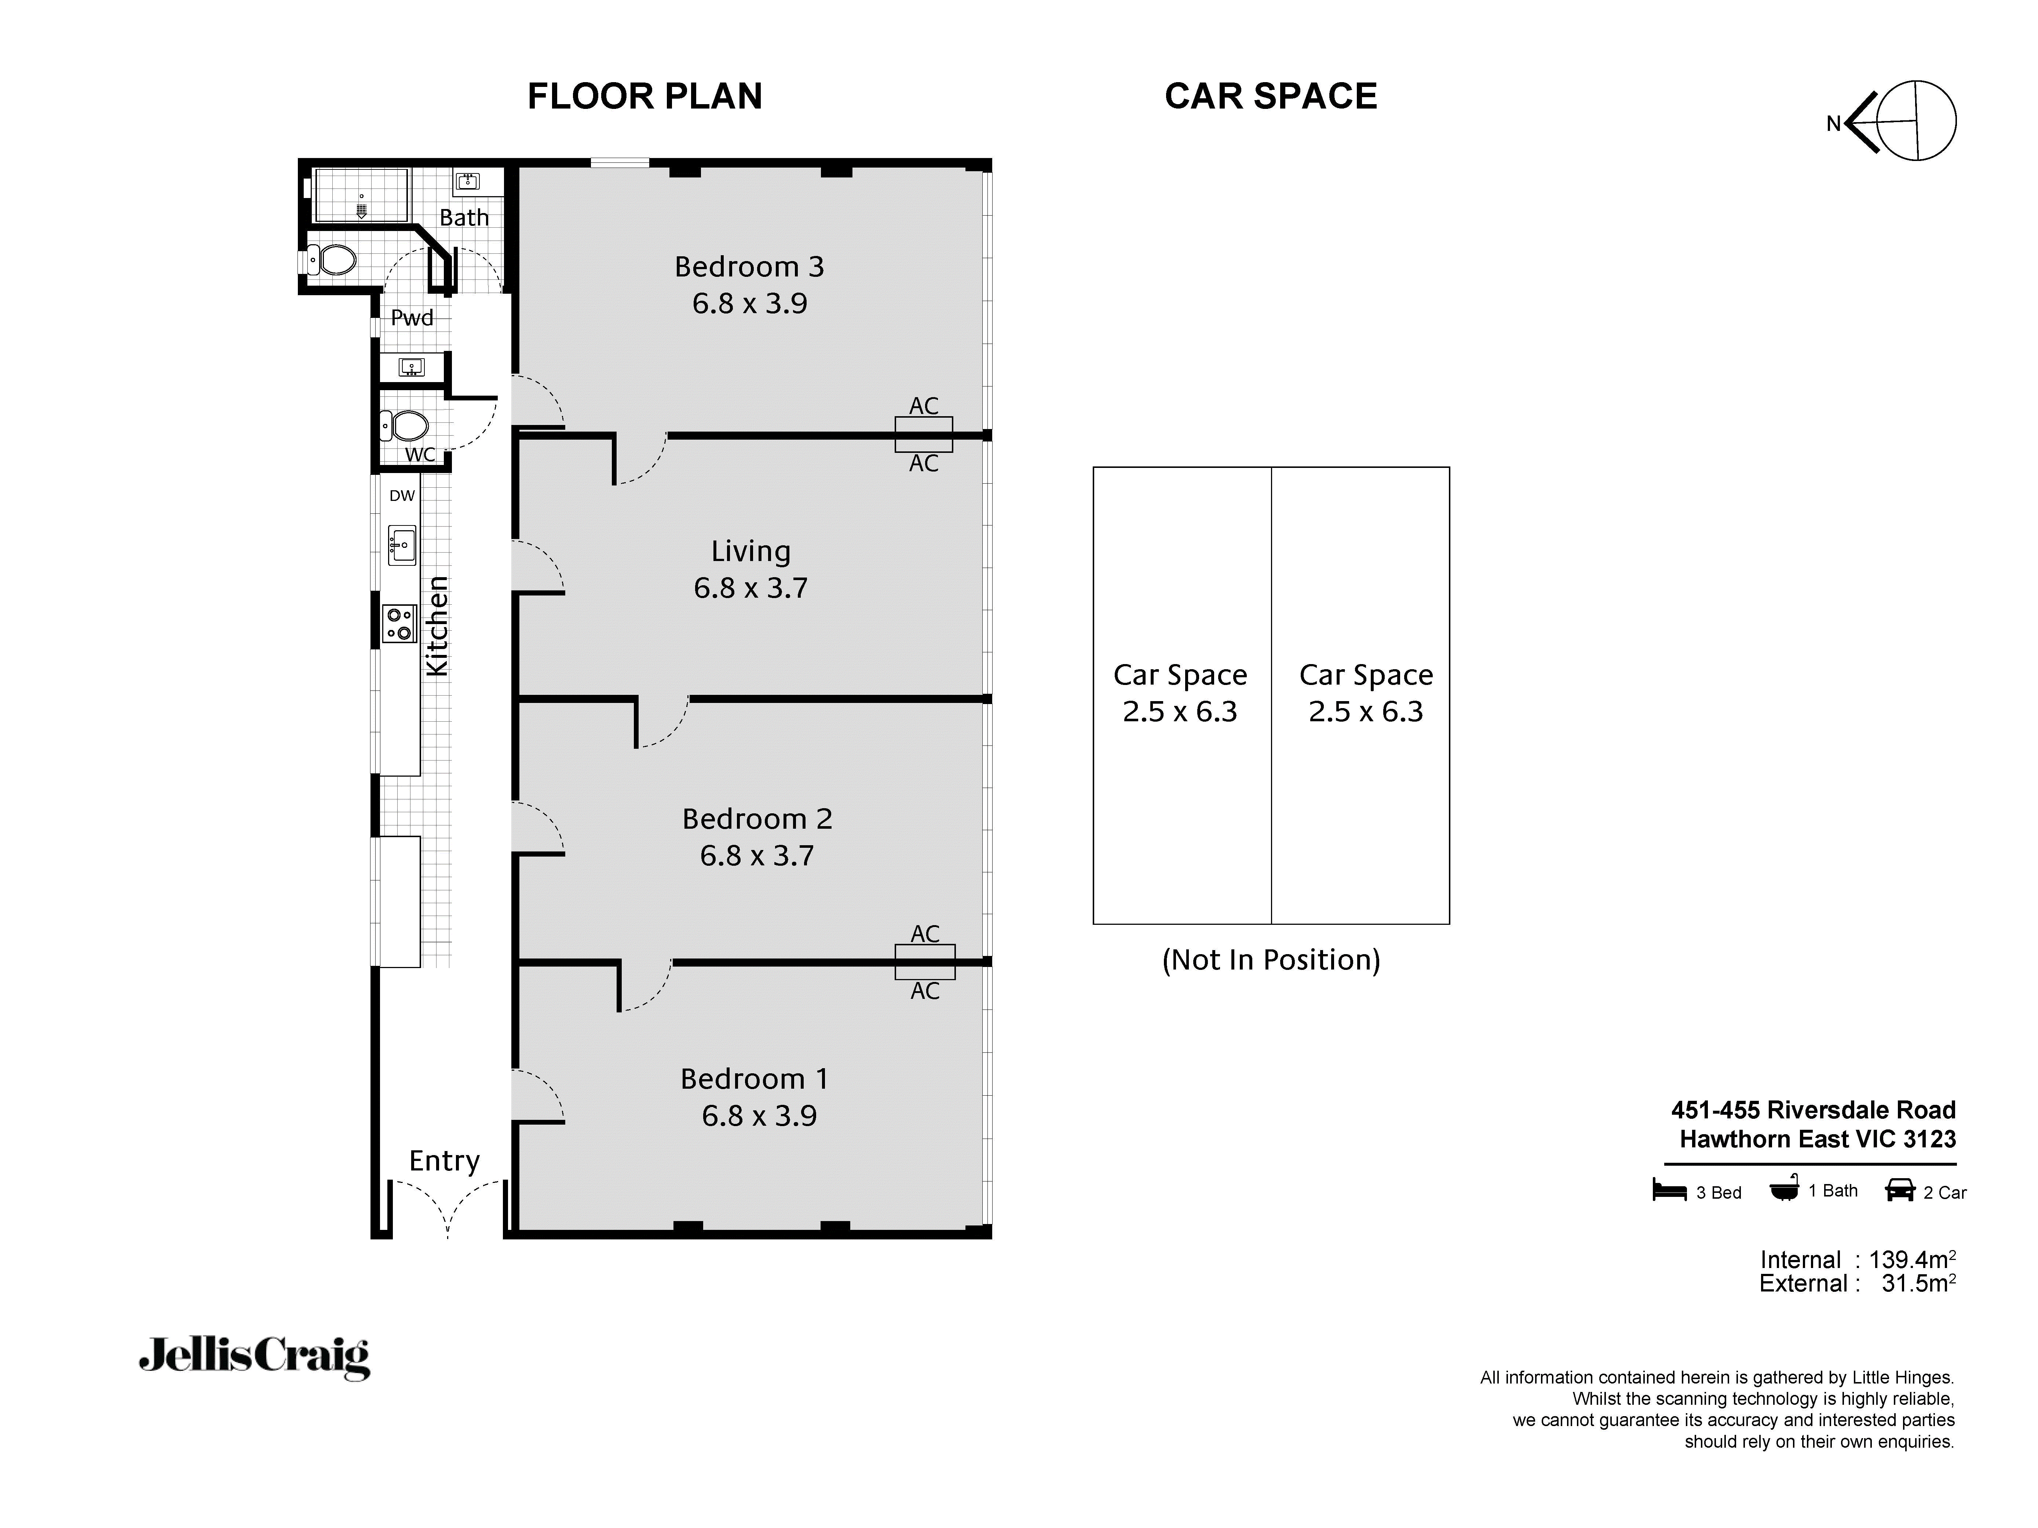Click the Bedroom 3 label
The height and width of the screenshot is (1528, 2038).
tap(749, 267)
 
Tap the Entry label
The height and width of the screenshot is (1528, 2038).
tap(444, 1161)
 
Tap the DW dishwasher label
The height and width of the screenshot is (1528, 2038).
tap(402, 495)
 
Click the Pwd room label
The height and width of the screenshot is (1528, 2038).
tap(412, 318)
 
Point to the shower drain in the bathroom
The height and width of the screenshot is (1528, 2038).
tap(361, 211)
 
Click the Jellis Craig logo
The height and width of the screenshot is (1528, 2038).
tap(254, 1357)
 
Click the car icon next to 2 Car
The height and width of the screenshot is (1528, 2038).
tap(1900, 1191)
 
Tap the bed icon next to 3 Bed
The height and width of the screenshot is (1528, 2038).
tap(1669, 1191)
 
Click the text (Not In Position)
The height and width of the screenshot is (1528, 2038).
tap(1271, 960)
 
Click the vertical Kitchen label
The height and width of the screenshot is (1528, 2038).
tap(437, 626)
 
